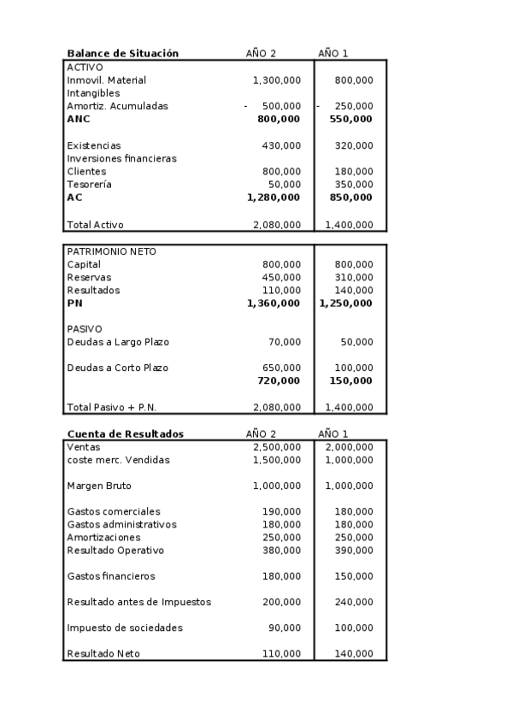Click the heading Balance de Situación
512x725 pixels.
tap(122, 53)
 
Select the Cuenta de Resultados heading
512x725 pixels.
tap(125, 433)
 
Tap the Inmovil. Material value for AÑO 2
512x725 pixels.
tap(276, 80)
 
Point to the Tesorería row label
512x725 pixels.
tap(89, 184)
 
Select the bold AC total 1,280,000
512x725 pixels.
tap(273, 197)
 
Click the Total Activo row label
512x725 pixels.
tap(95, 225)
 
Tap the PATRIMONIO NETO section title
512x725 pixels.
tap(111, 251)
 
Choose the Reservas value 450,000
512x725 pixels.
tap(281, 277)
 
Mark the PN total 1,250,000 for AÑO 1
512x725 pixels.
tap(345, 303)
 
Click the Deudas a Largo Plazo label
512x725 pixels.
tap(118, 342)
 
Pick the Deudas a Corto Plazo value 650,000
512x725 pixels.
tap(281, 368)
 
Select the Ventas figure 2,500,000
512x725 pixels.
tap(276, 446)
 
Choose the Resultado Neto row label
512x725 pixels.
tap(103, 654)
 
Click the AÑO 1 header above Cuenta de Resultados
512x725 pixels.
tap(333, 433)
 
